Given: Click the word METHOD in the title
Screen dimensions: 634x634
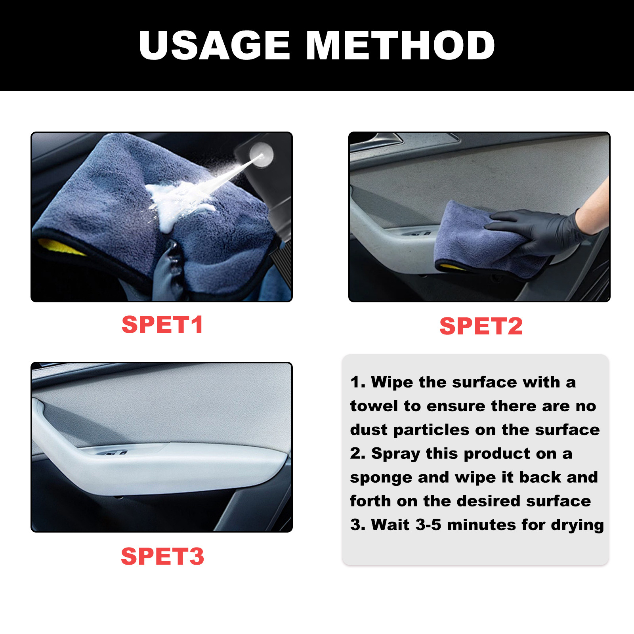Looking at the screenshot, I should point(400,46).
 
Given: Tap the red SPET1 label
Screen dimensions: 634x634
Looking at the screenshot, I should point(162,325).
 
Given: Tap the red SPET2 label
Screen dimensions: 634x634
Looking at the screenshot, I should point(481,326).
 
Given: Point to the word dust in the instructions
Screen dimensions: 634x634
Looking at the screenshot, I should point(369,430).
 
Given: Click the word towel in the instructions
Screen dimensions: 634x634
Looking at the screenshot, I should point(374,406).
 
